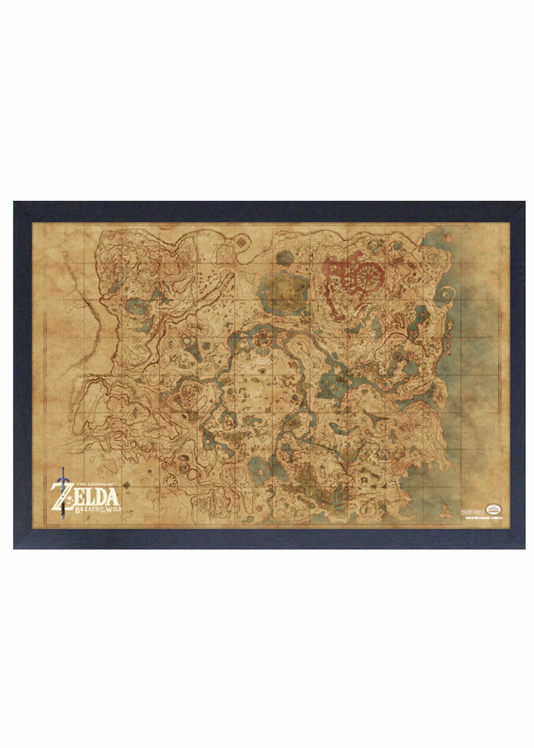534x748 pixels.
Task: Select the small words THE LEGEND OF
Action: pos(94,484)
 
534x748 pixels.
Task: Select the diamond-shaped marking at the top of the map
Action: pos(241,243)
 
